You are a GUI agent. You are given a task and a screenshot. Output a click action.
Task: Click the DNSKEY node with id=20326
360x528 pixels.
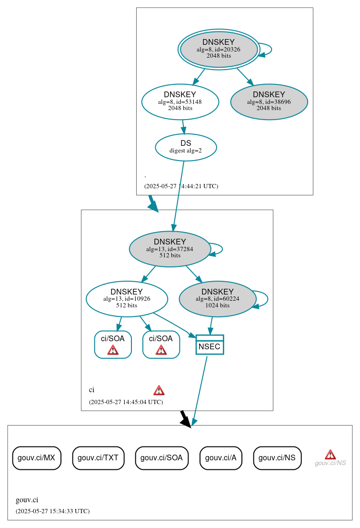(219, 49)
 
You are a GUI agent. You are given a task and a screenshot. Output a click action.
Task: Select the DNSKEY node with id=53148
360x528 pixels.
(180, 102)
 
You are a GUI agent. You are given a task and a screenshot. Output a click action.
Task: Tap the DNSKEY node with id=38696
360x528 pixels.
(269, 102)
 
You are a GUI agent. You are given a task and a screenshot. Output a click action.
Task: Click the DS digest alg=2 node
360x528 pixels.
(186, 147)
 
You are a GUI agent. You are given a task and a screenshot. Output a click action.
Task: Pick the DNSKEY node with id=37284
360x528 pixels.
(170, 249)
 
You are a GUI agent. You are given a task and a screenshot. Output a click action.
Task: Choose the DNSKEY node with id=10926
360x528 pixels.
(127, 299)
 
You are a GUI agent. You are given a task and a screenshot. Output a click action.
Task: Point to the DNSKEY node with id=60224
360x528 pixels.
(218, 299)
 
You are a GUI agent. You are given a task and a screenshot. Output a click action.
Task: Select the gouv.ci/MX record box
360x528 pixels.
(37, 458)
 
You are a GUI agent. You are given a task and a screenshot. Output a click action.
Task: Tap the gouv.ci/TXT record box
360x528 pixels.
(99, 458)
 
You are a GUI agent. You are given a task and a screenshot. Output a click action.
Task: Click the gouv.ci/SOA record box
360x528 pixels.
(162, 458)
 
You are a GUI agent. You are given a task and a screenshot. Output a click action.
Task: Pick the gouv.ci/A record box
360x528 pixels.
(221, 458)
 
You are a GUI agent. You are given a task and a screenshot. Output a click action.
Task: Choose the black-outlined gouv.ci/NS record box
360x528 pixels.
(277, 458)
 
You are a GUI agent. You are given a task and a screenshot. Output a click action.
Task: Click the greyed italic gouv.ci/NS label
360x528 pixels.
(330, 463)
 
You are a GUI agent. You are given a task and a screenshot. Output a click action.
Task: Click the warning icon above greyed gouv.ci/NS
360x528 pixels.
(330, 454)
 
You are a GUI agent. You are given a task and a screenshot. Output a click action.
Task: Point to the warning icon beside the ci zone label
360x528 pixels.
(159, 390)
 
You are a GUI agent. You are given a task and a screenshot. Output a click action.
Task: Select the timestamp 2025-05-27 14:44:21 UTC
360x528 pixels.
(181, 186)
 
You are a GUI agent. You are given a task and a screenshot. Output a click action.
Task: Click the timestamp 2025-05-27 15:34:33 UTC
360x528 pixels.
(52, 511)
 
